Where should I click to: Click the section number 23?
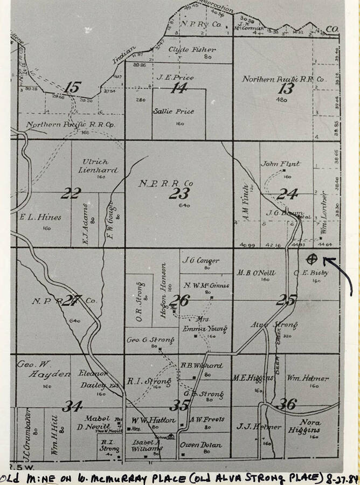[x=179, y=194]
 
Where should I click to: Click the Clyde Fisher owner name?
[x=184, y=50]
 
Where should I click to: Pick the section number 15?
[x=72, y=87]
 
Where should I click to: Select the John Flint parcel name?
[x=280, y=163]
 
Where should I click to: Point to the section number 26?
[x=179, y=300]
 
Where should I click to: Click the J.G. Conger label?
[x=200, y=261]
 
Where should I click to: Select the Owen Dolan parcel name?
[x=201, y=445]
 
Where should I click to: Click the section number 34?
[x=72, y=406]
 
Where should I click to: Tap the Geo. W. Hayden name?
[x=44, y=369]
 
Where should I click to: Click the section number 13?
[x=286, y=88]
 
